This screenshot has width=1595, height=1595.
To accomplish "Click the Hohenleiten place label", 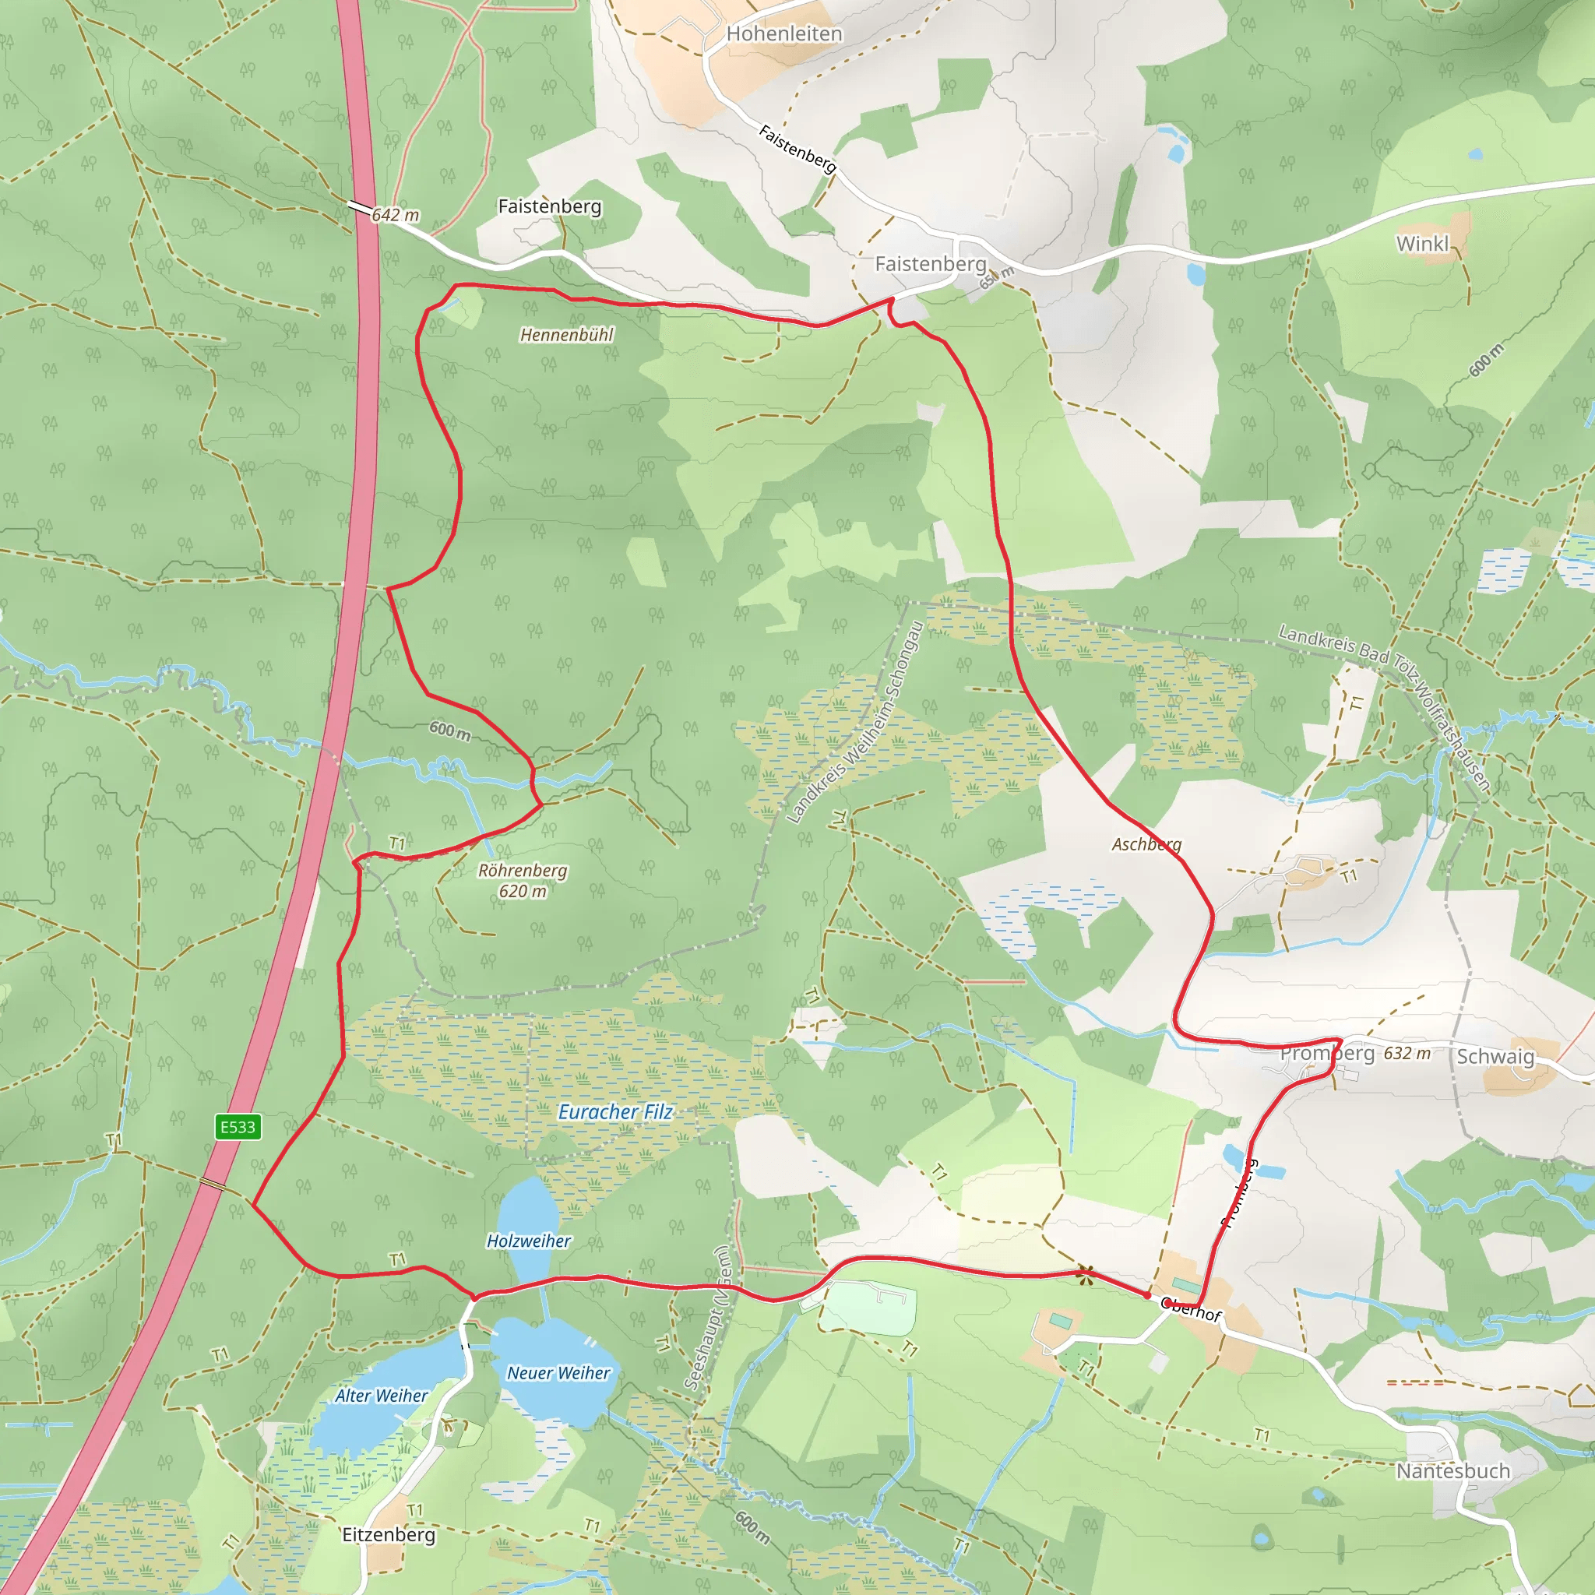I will (x=783, y=33).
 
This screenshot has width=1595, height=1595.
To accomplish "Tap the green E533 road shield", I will (x=238, y=1127).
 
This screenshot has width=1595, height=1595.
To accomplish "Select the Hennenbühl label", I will (x=566, y=334).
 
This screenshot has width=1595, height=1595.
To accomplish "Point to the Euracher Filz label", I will (x=615, y=1112).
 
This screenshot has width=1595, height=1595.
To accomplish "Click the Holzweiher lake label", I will (x=528, y=1241).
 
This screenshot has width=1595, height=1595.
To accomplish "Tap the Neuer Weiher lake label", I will (x=558, y=1373).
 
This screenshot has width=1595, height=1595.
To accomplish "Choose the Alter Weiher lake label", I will (x=382, y=1395).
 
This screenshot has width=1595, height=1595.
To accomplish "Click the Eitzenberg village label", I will (x=388, y=1534).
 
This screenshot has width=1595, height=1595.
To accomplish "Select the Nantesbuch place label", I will (x=1452, y=1471).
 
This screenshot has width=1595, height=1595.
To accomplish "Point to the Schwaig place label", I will (x=1495, y=1057).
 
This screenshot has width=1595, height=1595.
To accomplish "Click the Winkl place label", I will (x=1422, y=244).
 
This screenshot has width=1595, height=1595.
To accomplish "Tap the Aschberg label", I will (x=1146, y=843).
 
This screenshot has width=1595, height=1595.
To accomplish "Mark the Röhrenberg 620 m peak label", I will (x=523, y=881).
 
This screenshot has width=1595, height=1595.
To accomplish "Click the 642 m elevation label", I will (x=395, y=216).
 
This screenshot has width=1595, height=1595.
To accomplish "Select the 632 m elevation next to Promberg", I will (x=1407, y=1054).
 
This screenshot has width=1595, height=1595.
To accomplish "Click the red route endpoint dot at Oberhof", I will (x=1146, y=1296).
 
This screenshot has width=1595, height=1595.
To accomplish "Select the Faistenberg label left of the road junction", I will (x=549, y=206).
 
